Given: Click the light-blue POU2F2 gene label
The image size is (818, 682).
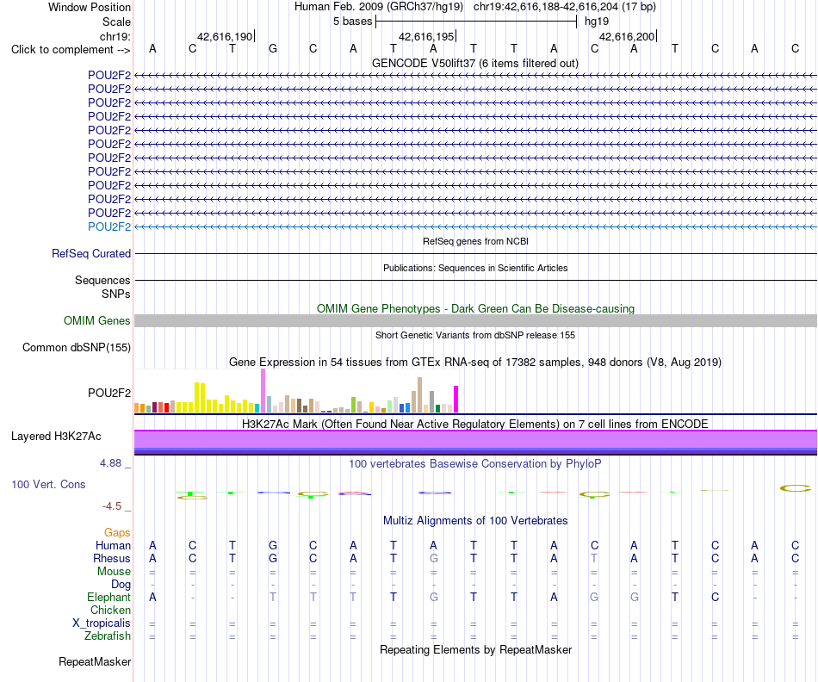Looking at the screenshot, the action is pos(109,226).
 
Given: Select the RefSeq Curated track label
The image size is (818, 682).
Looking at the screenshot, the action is pos(91,254).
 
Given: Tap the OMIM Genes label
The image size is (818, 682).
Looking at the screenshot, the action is pos(97,321).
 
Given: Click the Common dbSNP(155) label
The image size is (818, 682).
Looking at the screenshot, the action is pos(77,348).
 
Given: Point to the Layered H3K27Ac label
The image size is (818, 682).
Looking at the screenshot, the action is pos(56,437).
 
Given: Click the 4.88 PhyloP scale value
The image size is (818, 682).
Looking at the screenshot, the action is pos(110,462).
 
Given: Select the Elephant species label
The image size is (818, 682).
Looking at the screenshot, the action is pos(109,597).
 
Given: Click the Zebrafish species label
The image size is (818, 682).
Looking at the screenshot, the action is pos(108,636).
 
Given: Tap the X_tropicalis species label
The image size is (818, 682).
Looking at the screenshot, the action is pos(102,623).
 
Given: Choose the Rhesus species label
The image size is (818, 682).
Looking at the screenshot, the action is pos(112,558).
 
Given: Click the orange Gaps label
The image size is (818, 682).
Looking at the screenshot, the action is pos(117,533).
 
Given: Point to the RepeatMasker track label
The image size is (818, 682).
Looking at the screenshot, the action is pos(95,661).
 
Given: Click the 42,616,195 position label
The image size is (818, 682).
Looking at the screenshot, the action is pos(426,36).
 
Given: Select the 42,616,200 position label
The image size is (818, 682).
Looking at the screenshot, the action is pos(627,36).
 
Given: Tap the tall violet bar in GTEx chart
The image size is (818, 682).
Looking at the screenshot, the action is pos(263,391).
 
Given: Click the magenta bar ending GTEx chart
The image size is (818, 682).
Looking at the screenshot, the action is pos(456,400).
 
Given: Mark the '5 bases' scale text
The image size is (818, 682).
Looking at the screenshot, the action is pos(353,22).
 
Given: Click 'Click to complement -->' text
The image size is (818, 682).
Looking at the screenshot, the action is pos(71,50).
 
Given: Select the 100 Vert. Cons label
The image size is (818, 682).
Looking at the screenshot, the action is pos(48,484).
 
